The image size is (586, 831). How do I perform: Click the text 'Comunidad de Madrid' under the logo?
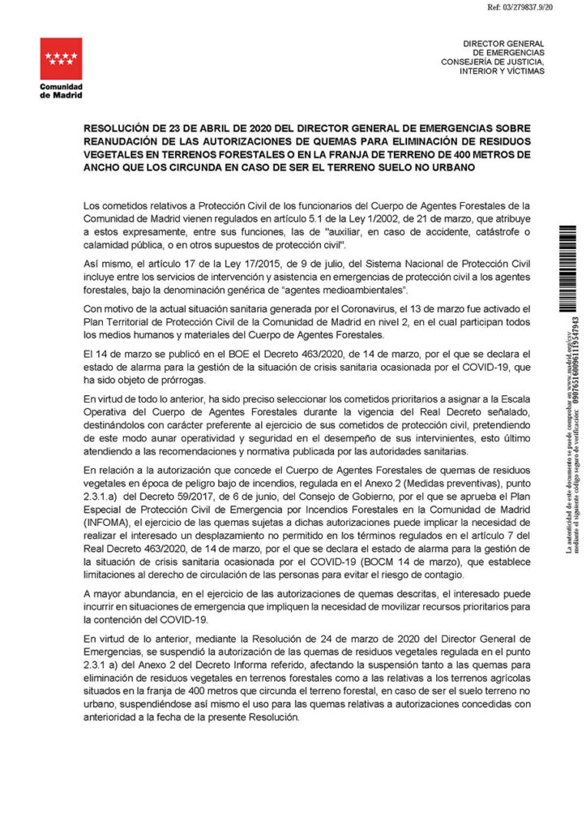click(x=61, y=89)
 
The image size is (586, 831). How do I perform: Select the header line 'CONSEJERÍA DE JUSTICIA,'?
click(x=493, y=61)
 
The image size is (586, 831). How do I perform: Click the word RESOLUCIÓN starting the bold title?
click(x=122, y=129)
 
